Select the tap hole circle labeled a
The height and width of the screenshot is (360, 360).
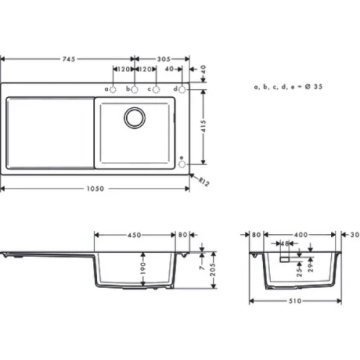114,89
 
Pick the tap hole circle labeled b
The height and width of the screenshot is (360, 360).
134,89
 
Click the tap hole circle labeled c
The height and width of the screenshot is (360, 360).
156,89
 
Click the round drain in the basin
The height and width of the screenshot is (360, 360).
134,117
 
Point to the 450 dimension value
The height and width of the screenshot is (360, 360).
135,234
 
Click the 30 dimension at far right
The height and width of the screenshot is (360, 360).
354,235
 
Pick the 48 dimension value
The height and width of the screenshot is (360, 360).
286,243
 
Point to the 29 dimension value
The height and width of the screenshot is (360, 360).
310,268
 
